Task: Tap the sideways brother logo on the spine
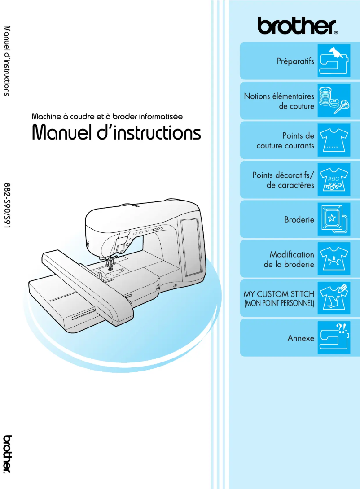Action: tap(8, 453)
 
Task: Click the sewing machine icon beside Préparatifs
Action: tap(334, 61)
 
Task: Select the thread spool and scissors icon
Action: tap(334, 100)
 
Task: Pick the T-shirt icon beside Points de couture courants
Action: tap(334, 140)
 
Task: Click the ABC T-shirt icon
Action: tap(334, 180)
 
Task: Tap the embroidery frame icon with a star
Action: tap(334, 219)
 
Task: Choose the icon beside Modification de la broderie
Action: tap(334, 259)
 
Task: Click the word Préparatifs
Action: tap(295, 61)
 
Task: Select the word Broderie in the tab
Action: tap(299, 220)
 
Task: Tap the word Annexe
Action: tap(301, 338)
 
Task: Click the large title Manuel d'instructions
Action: tap(116, 132)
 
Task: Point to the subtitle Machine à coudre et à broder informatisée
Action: tap(107, 116)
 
